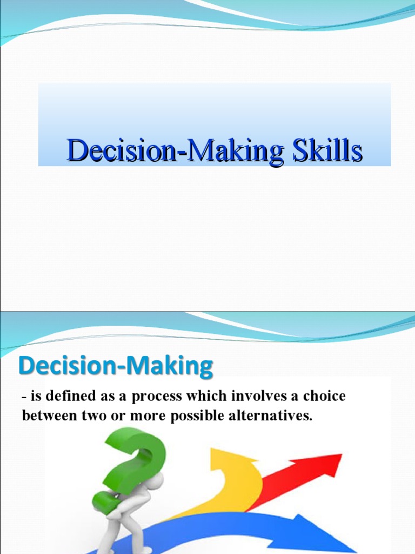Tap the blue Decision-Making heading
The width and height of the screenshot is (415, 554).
pyautogui.click(x=116, y=366)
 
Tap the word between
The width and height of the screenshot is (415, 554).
pyautogui.click(x=49, y=416)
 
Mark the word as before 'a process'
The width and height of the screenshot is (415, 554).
pyautogui.click(x=107, y=397)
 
